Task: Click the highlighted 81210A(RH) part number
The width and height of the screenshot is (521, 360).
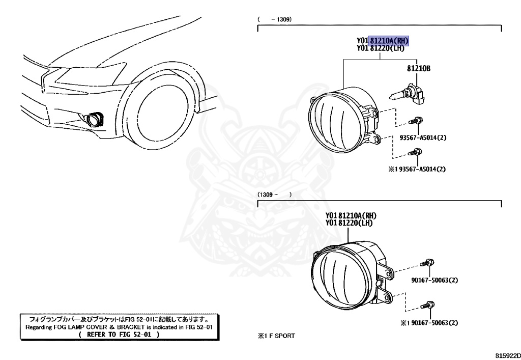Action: click(x=389, y=41)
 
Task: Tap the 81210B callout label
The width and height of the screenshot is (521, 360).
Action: click(x=419, y=68)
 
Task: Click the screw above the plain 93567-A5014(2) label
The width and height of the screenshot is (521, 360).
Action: click(x=415, y=121)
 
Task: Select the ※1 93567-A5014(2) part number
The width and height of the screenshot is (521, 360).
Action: click(x=420, y=169)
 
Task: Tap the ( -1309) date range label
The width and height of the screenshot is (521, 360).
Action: click(x=274, y=19)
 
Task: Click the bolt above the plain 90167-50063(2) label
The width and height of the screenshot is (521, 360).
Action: click(x=427, y=263)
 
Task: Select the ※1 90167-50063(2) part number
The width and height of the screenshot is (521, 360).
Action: click(x=428, y=322)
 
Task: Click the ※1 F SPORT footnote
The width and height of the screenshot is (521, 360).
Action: click(x=276, y=336)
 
